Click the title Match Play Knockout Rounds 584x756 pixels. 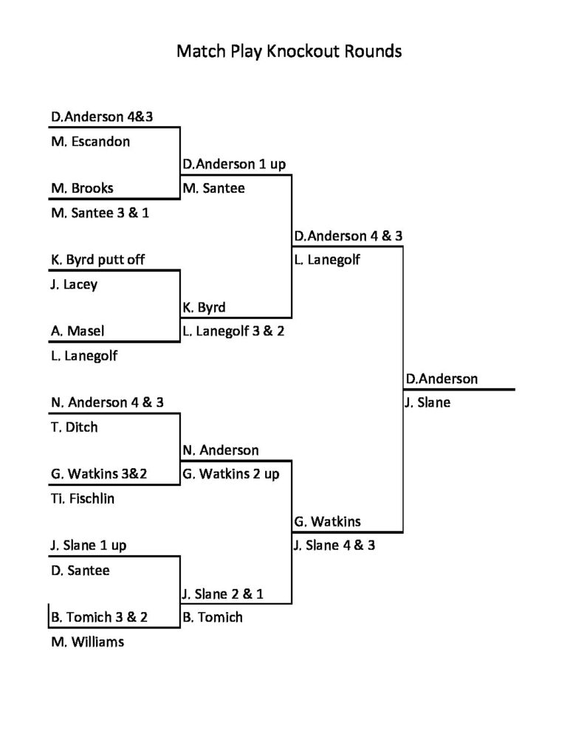pyautogui.click(x=289, y=52)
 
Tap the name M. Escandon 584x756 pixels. pyautogui.click(x=90, y=141)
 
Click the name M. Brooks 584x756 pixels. pyautogui.click(x=82, y=188)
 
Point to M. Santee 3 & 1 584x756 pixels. pyautogui.click(x=105, y=213)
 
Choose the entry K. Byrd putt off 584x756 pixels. pyautogui.click(x=98, y=260)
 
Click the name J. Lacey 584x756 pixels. pyautogui.click(x=74, y=284)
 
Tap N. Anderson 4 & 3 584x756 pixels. pyautogui.click(x=107, y=403)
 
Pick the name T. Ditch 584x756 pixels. pyautogui.click(x=74, y=427)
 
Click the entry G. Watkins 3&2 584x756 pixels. pyautogui.click(x=99, y=474)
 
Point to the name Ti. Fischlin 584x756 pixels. pyautogui.click(x=83, y=498)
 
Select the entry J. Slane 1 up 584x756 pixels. pyautogui.click(x=89, y=546)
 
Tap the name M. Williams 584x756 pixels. pyautogui.click(x=87, y=642)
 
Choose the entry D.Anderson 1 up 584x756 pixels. pyautogui.click(x=234, y=164)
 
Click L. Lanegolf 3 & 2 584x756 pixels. pyautogui.click(x=233, y=331)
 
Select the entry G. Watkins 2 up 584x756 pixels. pyautogui.click(x=231, y=474)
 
